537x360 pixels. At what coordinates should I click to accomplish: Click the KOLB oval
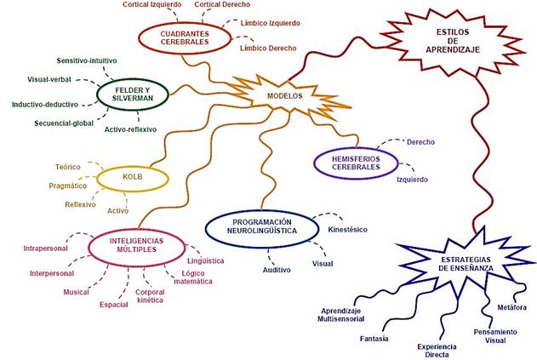coord(132,177)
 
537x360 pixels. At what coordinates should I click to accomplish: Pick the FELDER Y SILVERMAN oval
coord(136,92)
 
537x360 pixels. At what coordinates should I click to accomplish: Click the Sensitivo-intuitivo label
coord(87,61)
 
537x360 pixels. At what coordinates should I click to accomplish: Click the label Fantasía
coord(374,338)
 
